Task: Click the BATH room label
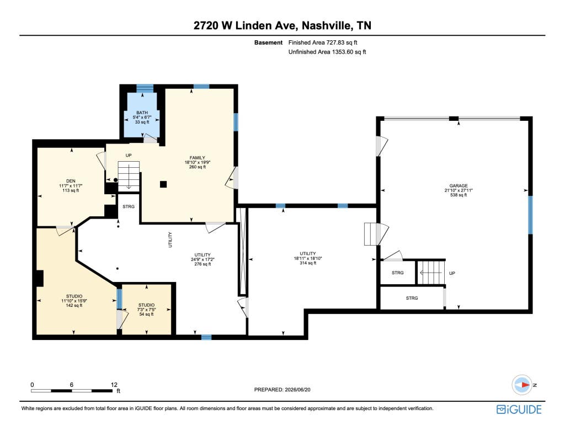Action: (x=142, y=113)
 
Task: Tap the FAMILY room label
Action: (x=198, y=158)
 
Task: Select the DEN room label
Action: (x=71, y=181)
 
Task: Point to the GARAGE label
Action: (x=459, y=186)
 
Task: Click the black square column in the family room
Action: (x=163, y=184)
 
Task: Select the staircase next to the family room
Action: (x=129, y=176)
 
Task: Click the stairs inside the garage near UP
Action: (x=430, y=273)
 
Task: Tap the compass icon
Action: (x=522, y=385)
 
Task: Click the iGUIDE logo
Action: (x=519, y=410)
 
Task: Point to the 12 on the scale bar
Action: (x=114, y=385)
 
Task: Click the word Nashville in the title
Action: (x=326, y=25)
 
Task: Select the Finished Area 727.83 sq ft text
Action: (x=323, y=42)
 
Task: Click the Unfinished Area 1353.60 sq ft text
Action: (x=327, y=52)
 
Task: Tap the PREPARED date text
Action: (x=282, y=390)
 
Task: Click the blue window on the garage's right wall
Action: (x=530, y=215)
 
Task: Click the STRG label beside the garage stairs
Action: (x=397, y=273)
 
